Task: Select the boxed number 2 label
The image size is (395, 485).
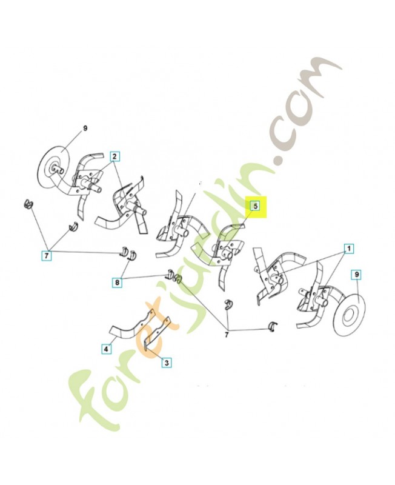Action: coord(115,156)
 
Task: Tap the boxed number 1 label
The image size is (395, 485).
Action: coord(349,248)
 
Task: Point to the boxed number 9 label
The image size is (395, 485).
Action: coord(357,275)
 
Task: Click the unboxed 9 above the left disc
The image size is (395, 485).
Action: coord(85,128)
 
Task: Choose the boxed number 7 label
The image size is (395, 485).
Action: coord(46,256)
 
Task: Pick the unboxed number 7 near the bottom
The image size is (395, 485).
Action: coord(228,334)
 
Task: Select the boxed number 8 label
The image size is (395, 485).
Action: coord(116,281)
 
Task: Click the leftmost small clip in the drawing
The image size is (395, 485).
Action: coord(27,203)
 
